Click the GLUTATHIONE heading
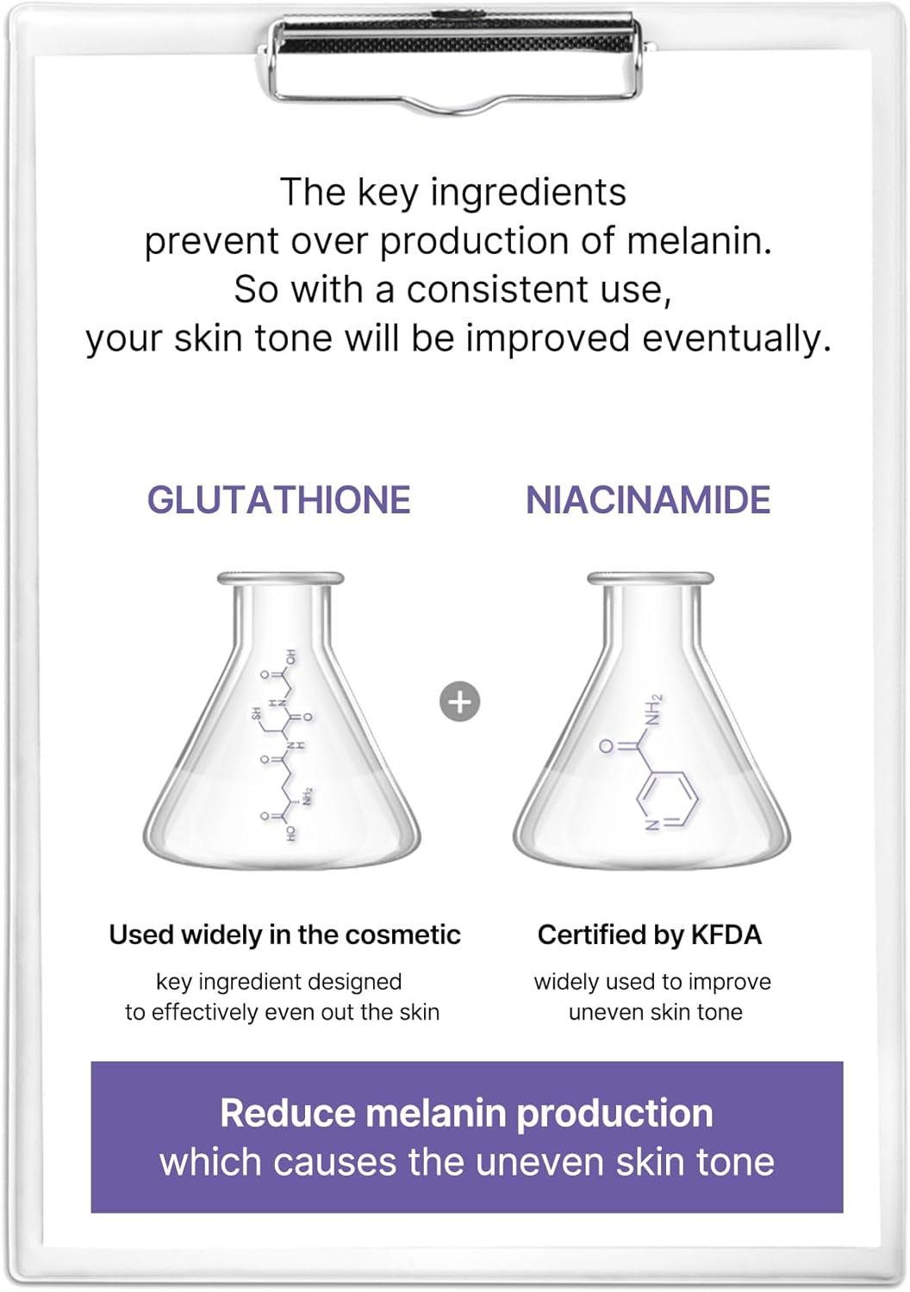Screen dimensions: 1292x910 (x=278, y=500)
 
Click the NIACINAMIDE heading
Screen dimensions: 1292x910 (x=648, y=500)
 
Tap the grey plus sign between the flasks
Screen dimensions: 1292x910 (x=459, y=702)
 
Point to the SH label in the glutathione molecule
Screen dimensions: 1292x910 (x=256, y=714)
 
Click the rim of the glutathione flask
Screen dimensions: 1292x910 (x=280, y=578)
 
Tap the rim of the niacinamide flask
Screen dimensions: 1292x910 (x=651, y=578)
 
